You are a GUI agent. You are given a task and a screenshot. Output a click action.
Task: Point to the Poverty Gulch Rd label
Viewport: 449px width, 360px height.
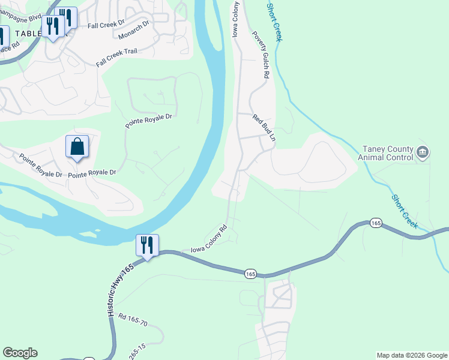pyautogui.click(x=259, y=55)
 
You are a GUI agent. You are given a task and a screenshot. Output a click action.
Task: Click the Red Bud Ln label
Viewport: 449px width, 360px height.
pyautogui.click(x=264, y=127)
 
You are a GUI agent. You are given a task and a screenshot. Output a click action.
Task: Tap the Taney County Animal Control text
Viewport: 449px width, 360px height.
pyautogui.click(x=385, y=153)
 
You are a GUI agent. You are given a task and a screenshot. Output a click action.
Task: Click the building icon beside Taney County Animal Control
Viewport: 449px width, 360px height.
pyautogui.click(x=423, y=152)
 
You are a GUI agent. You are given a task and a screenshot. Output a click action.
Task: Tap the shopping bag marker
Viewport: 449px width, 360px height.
pyautogui.click(x=77, y=146)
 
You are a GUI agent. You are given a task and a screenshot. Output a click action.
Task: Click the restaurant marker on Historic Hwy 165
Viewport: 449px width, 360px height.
pyautogui.click(x=147, y=245)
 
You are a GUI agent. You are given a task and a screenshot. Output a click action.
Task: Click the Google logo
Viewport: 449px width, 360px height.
pyautogui.click(x=20, y=353)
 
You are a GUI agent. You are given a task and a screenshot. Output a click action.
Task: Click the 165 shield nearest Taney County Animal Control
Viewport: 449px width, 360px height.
pyautogui.click(x=376, y=223)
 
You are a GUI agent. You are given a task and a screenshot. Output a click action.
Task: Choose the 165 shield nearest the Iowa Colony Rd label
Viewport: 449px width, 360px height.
pyautogui.click(x=250, y=274)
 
